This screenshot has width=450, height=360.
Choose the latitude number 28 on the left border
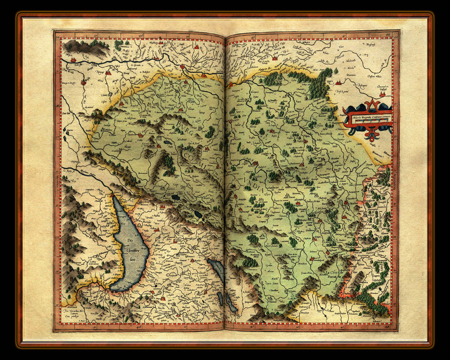point(57,238)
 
